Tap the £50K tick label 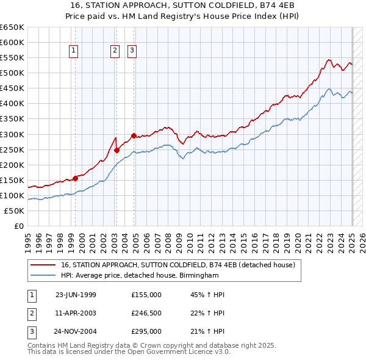click(14, 211)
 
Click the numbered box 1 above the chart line click(73, 51)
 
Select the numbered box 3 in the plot click(132, 51)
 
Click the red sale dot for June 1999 click(76, 178)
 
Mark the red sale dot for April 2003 click(117, 150)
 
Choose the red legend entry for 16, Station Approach click(178, 265)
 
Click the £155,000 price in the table click(146, 295)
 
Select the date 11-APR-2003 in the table click(76, 314)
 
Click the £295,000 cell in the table click(146, 332)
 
